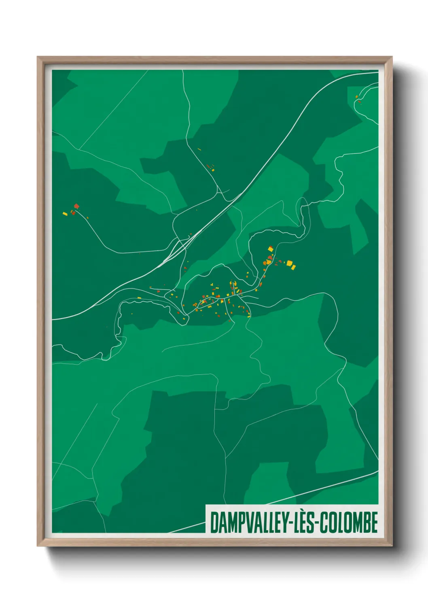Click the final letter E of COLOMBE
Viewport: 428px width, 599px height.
[374, 523]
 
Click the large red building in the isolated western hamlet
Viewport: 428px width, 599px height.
[76, 206]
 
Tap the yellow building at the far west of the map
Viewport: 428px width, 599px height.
[65, 214]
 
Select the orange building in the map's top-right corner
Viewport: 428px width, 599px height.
[356, 97]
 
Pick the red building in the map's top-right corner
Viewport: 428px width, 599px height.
[358, 102]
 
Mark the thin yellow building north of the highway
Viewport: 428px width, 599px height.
[199, 149]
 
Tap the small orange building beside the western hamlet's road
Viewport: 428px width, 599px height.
[87, 218]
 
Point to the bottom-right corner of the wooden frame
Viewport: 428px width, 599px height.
[392, 545]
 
